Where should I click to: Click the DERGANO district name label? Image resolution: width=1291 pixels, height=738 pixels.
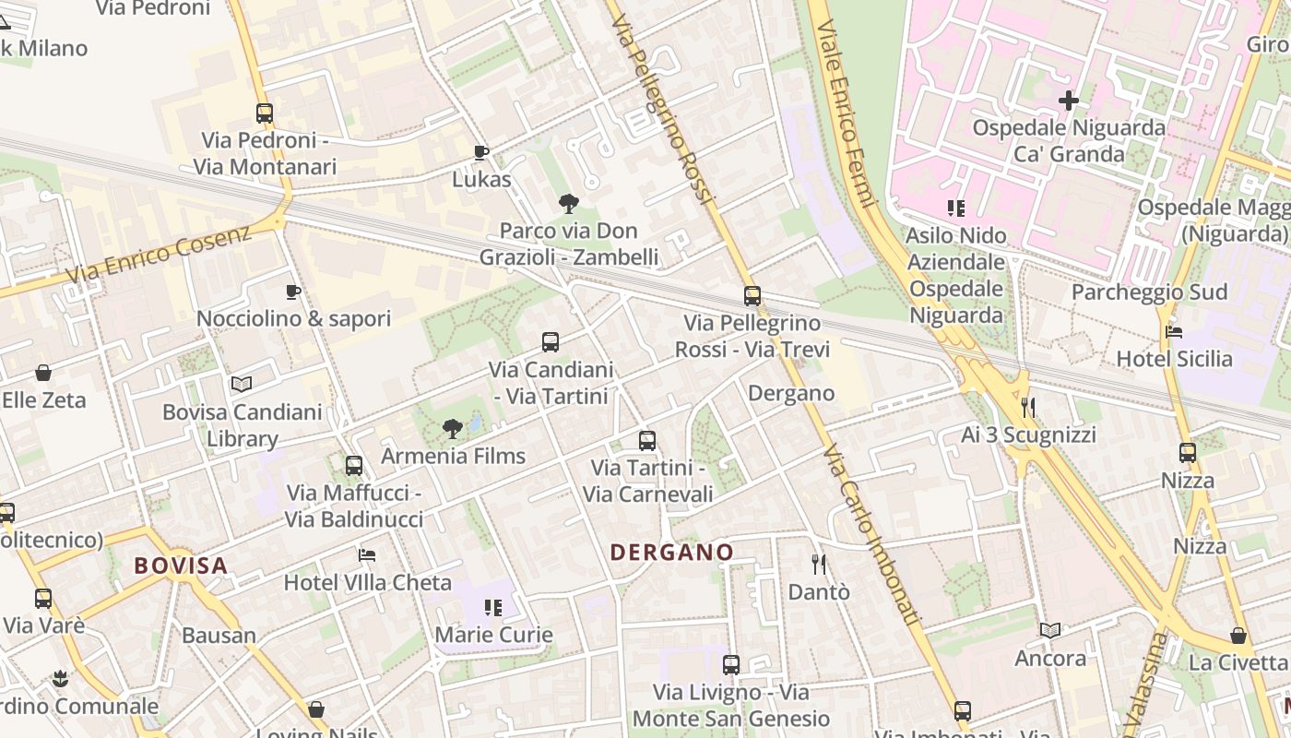672,553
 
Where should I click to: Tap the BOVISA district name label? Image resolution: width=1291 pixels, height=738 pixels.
181,565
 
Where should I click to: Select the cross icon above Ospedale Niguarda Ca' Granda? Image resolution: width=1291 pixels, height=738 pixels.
1069,100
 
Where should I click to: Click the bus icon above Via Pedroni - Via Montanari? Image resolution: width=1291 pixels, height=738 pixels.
265,113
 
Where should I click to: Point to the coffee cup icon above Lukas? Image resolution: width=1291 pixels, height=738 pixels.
480,152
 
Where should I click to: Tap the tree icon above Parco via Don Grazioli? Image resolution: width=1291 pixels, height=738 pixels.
569,204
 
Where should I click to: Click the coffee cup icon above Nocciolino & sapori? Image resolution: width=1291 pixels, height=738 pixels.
293,292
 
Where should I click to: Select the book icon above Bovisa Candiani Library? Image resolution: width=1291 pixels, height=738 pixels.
242,384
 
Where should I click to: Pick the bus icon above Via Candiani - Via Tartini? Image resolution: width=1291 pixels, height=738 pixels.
551,342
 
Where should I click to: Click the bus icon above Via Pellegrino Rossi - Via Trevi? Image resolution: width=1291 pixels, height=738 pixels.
752,296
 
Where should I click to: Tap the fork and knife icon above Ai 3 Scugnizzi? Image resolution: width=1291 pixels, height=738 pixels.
1028,407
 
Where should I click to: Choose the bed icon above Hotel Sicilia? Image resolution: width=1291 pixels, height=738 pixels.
1174,332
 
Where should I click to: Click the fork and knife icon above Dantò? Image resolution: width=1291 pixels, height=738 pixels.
818,564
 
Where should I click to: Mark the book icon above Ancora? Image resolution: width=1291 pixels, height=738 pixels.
1050,631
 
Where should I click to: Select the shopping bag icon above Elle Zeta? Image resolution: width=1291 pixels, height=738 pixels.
43,373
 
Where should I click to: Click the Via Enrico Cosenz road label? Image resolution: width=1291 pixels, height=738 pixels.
159,254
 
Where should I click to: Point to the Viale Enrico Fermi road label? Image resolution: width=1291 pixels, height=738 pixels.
845,111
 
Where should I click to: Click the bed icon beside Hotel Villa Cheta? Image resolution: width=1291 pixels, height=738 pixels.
367,555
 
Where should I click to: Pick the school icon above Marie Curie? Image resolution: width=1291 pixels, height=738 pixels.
493,608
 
